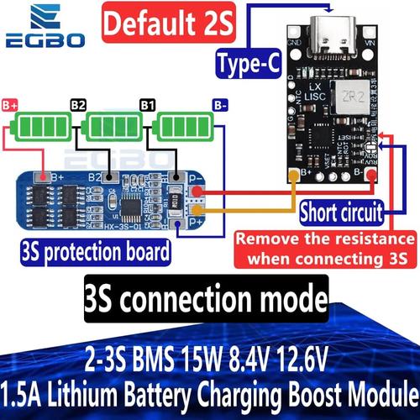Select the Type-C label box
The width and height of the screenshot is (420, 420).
click(249, 62)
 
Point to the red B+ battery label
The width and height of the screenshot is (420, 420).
click(11, 106)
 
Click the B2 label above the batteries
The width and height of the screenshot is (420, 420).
click(78, 106)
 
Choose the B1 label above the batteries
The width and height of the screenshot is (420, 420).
click(145, 106)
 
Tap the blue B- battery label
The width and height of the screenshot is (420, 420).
click(218, 106)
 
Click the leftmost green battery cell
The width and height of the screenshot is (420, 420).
click(39, 130)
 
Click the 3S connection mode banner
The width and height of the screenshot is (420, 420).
click(210, 298)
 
